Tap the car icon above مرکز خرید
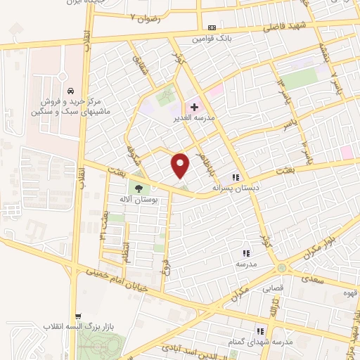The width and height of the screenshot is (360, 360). [71, 91]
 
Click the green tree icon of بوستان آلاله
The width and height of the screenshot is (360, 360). [137, 188]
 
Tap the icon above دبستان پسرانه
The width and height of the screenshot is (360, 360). [236, 178]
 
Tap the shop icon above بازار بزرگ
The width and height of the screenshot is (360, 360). [79, 316]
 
